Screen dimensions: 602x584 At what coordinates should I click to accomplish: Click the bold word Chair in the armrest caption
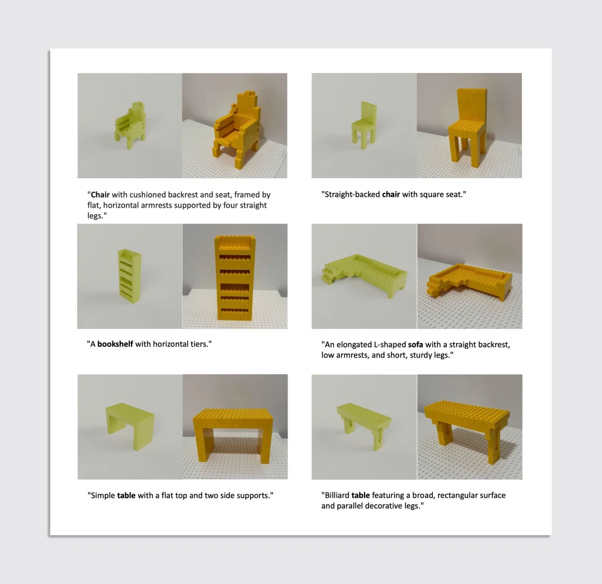100,195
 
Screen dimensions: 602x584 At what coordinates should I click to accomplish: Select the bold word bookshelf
115,344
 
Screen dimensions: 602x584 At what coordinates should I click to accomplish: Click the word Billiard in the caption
337,495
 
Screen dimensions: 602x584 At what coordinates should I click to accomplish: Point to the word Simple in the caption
103,496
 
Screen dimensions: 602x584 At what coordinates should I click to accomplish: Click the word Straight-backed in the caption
352,195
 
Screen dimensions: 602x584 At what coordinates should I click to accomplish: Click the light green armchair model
130,125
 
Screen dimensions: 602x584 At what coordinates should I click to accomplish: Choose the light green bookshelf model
130,276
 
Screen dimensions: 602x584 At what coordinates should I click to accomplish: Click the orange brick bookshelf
235,277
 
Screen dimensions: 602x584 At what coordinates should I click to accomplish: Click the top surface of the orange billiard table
467,410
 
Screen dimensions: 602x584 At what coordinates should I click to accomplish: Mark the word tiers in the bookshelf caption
199,344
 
